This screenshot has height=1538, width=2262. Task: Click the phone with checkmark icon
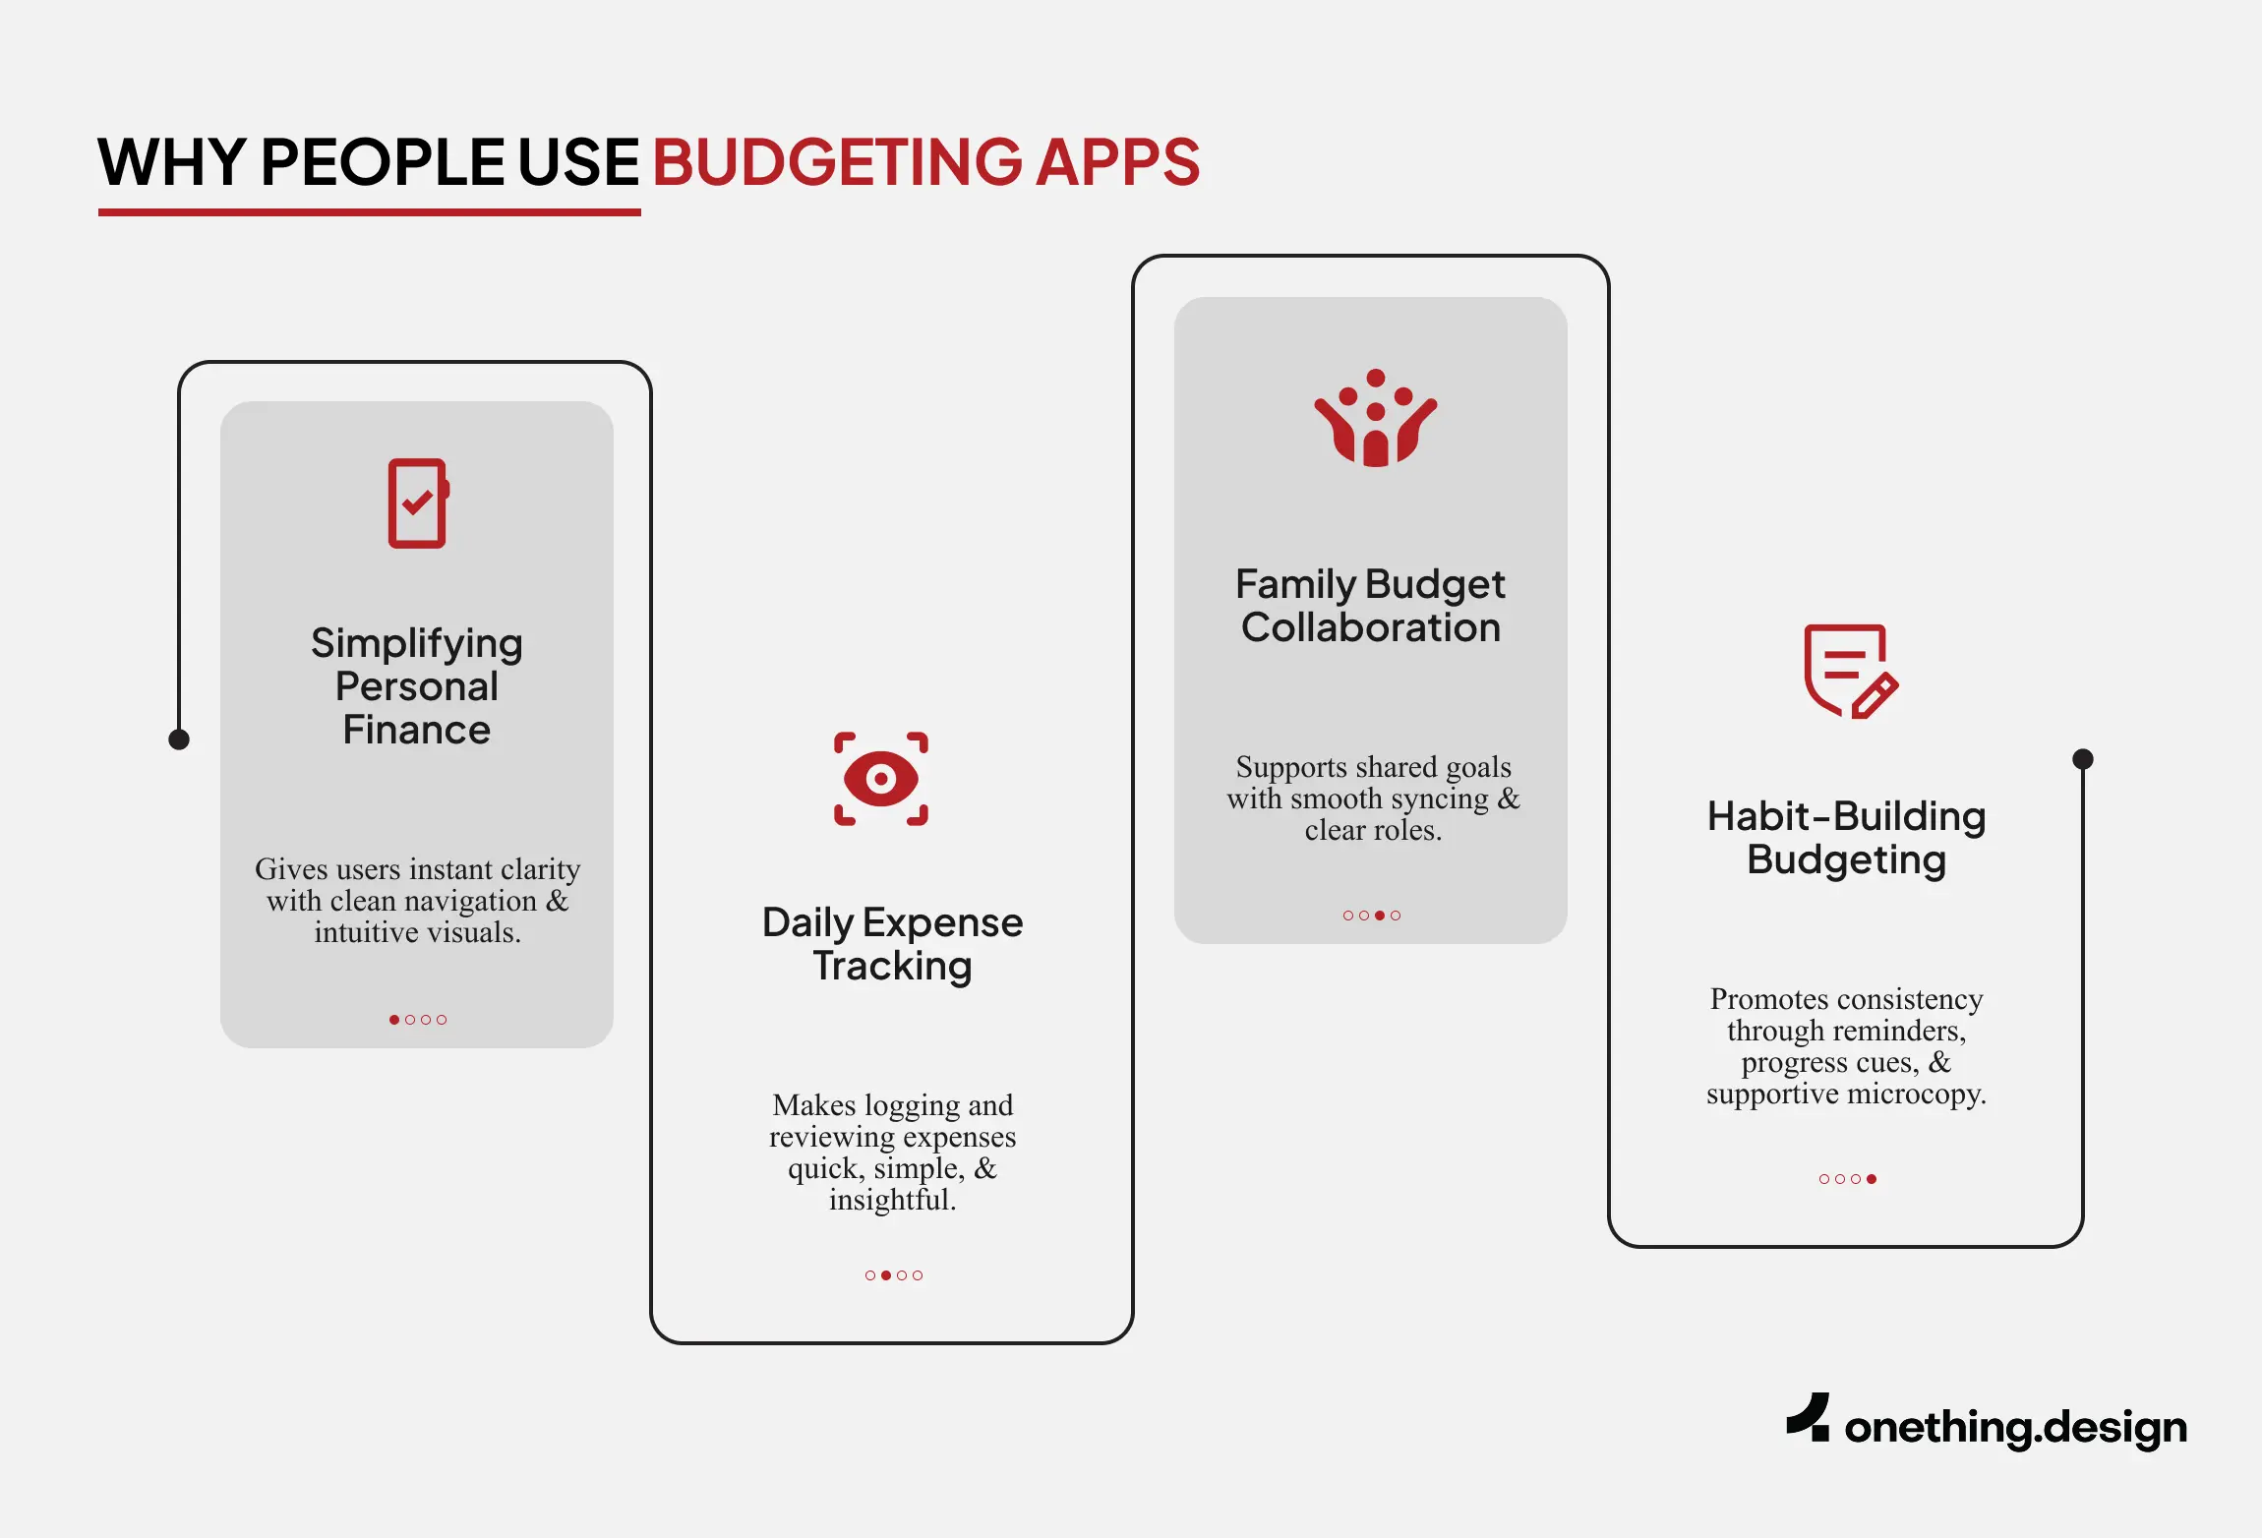[418, 503]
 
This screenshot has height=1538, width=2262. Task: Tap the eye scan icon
[881, 779]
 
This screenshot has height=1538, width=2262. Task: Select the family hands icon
[1376, 419]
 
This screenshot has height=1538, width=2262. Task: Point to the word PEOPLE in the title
[382, 162]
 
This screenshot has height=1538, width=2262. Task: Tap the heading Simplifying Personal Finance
[417, 686]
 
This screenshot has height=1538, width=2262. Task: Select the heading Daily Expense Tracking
[892, 944]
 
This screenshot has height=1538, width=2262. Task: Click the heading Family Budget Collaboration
[1370, 606]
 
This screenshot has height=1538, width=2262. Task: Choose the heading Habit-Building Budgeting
[1846, 838]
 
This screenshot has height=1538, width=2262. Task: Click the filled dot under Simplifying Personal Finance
[394, 1020]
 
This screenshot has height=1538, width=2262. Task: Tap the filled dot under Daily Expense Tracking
[886, 1275]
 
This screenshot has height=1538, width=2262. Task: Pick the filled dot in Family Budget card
[1380, 916]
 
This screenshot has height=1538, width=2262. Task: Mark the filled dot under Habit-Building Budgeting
[1872, 1179]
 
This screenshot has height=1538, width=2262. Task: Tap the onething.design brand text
[2015, 1428]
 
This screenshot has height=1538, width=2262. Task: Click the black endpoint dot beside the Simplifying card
[179, 739]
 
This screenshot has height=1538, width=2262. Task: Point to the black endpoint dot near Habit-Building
[2083, 759]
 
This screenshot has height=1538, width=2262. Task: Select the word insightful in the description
[892, 1200]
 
